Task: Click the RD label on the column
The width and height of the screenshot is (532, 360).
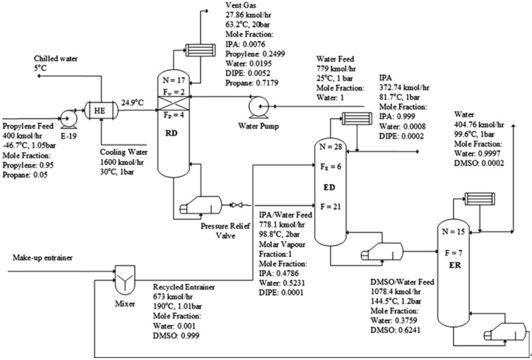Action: [x=178, y=132]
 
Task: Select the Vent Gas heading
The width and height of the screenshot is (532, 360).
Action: [x=233, y=5]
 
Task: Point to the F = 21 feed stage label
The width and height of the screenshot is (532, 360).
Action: [x=331, y=207]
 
